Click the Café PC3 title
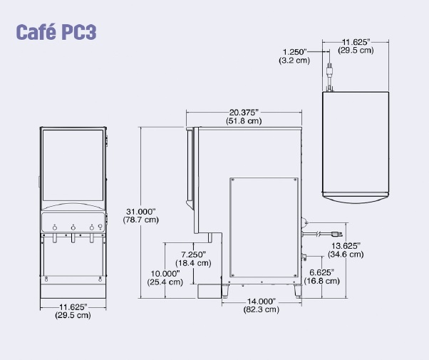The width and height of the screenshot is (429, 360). click(56, 32)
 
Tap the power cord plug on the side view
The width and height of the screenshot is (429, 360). click(336, 234)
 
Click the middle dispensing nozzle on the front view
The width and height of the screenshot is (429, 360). click(73, 238)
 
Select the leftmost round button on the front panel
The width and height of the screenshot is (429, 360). click(55, 227)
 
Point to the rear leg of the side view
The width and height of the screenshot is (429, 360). click(298, 291)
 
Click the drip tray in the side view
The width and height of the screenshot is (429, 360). click(209, 292)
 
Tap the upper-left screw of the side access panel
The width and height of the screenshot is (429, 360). click(233, 180)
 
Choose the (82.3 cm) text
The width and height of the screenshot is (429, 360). click(262, 309)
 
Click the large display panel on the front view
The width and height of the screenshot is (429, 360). click(73, 165)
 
